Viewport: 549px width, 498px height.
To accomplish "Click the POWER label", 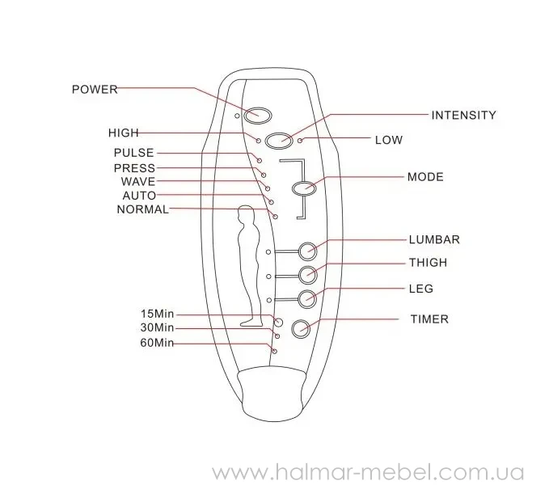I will click(x=95, y=89).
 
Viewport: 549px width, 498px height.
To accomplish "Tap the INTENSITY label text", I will click(x=463, y=116).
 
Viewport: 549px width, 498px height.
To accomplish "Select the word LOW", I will click(x=388, y=140).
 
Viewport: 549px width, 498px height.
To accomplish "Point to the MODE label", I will click(x=424, y=177).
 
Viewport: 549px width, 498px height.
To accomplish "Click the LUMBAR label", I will click(x=433, y=239).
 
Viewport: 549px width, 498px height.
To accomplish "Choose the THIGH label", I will click(x=428, y=263).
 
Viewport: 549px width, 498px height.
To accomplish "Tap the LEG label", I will click(x=421, y=289).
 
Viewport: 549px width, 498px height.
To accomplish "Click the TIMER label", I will click(x=428, y=319).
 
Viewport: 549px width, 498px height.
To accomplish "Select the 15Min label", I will click(x=157, y=313).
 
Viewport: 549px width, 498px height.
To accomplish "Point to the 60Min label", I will click(x=157, y=344).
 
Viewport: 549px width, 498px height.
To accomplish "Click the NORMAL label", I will click(x=143, y=209).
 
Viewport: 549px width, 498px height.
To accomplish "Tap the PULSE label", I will click(x=133, y=153).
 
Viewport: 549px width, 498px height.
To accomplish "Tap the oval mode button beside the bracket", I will click(x=304, y=188).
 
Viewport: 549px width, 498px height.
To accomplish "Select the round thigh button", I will click(x=307, y=274).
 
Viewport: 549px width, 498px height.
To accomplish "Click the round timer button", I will click(x=301, y=328).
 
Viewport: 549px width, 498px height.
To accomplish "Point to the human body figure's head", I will click(x=247, y=215).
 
